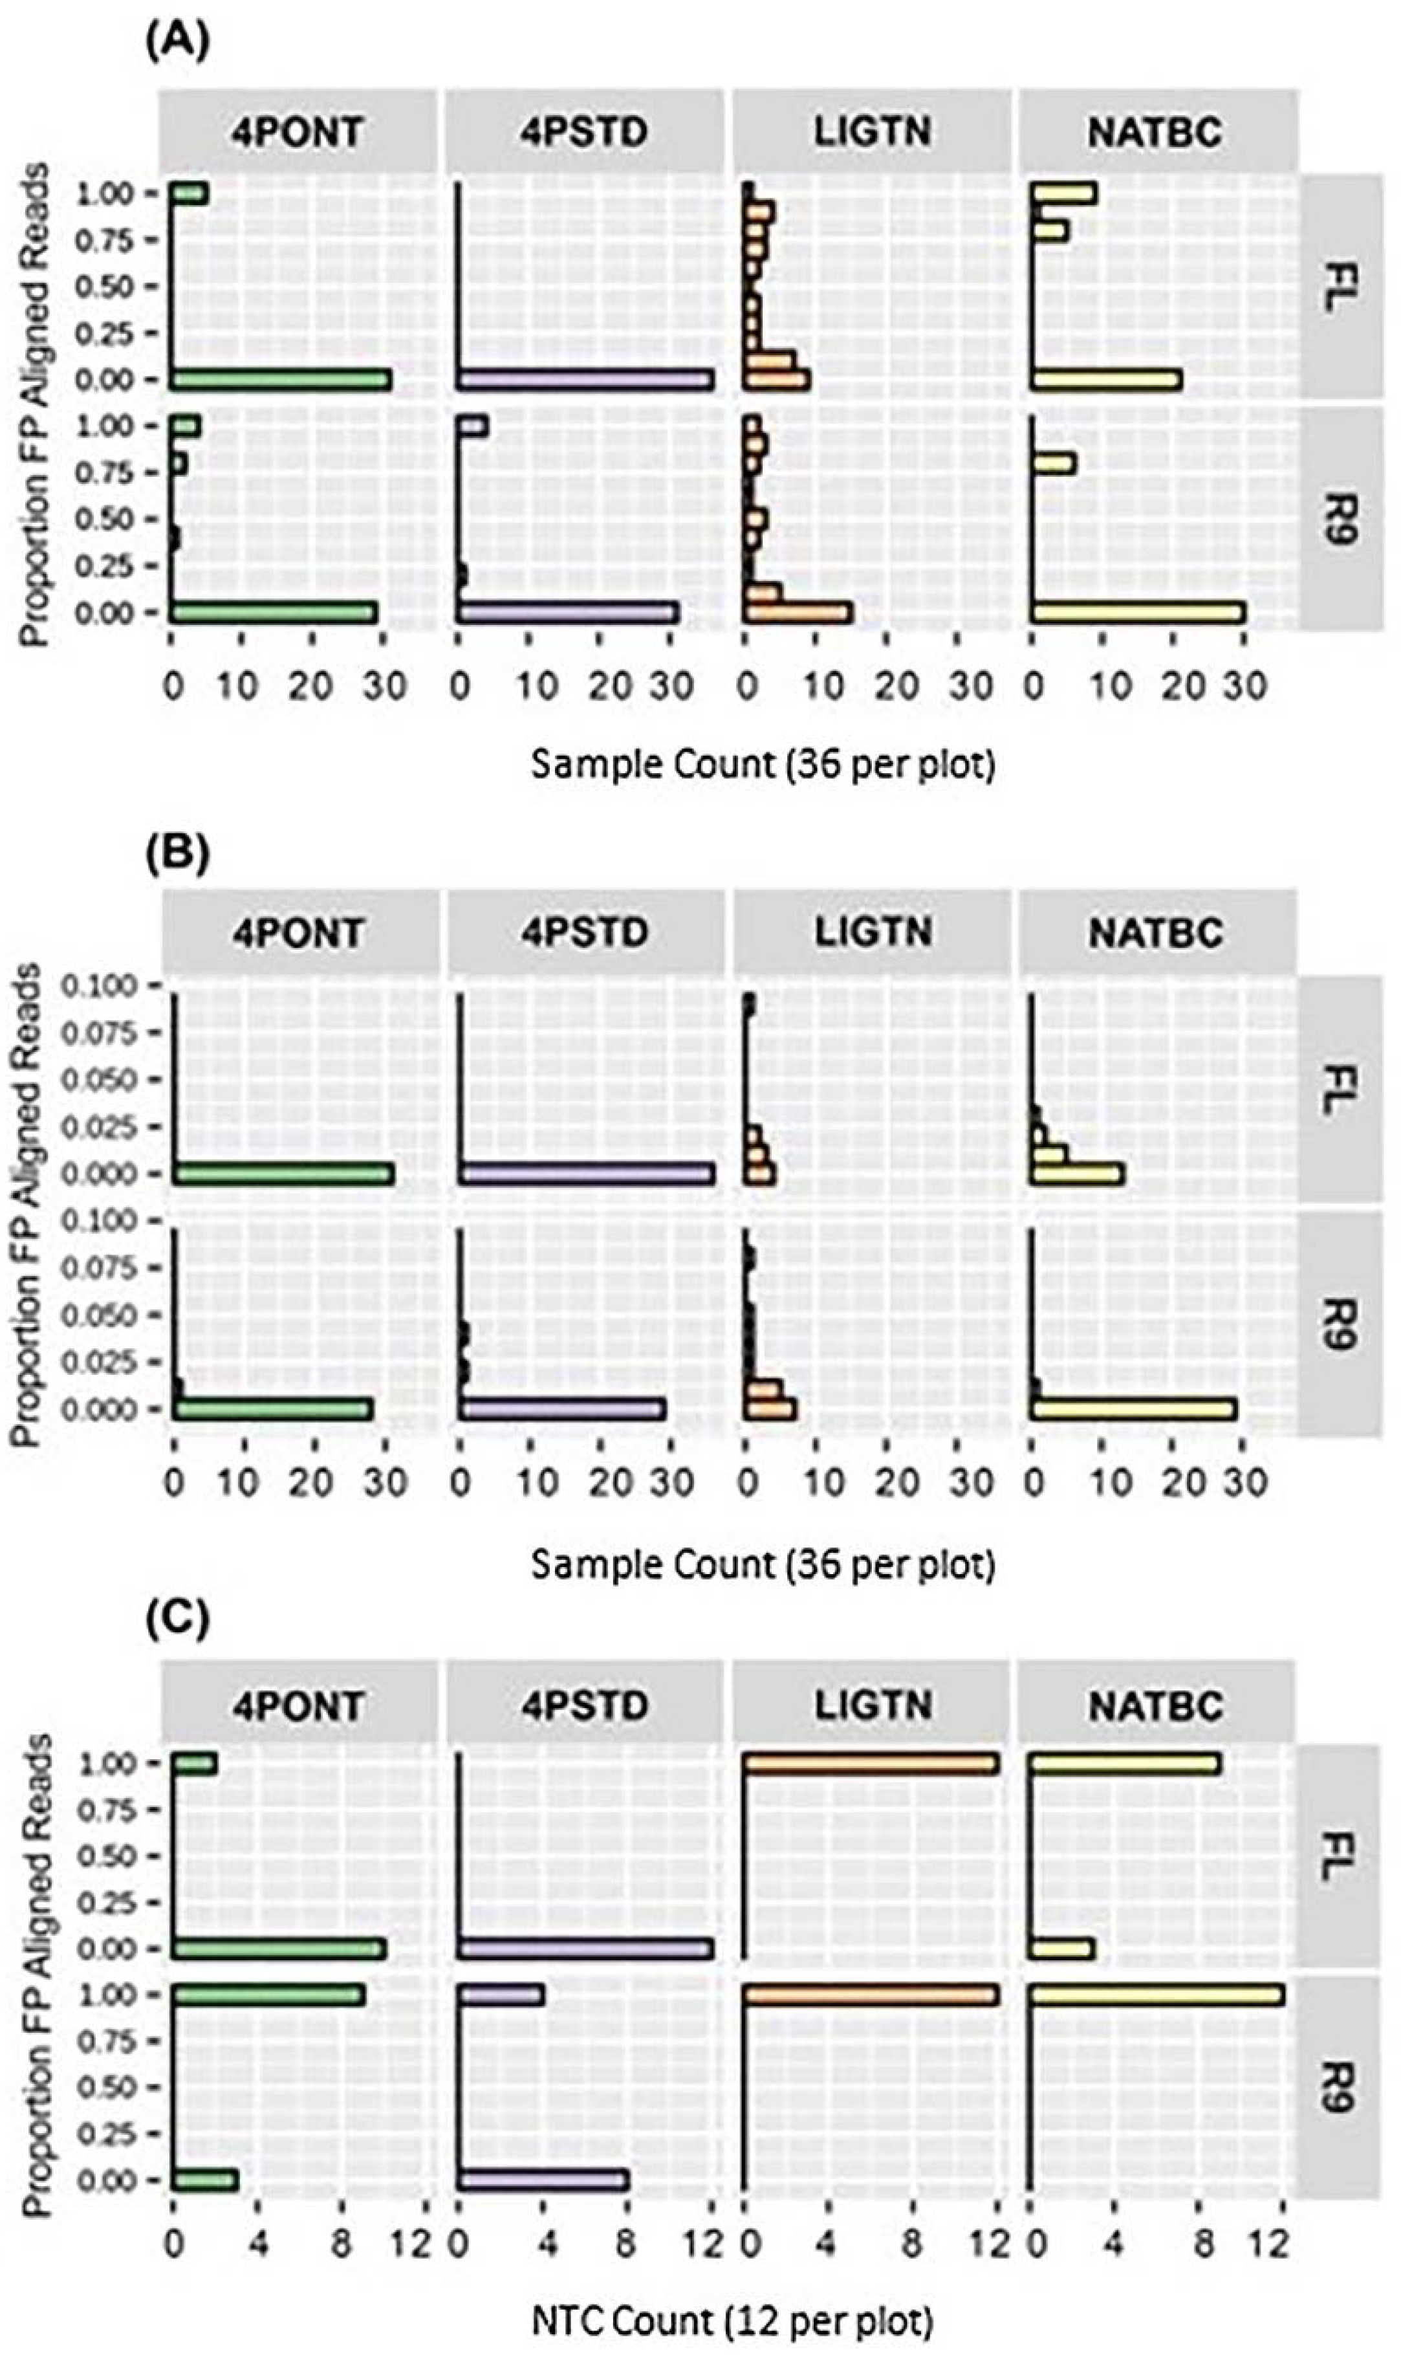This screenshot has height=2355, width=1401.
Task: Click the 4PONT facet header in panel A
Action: tap(298, 131)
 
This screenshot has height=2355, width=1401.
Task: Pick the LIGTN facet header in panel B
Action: tap(873, 933)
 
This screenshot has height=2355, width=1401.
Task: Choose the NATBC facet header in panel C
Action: tap(1156, 1705)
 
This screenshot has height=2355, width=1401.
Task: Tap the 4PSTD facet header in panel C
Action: tap(584, 1705)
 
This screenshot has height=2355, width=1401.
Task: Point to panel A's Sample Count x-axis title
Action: tap(763, 764)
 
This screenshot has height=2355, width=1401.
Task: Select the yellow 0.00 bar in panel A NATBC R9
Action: tap(1138, 612)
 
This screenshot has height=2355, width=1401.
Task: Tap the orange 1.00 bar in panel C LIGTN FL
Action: tap(871, 1764)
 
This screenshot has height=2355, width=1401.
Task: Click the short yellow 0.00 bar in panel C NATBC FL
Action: tap(1062, 1949)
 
